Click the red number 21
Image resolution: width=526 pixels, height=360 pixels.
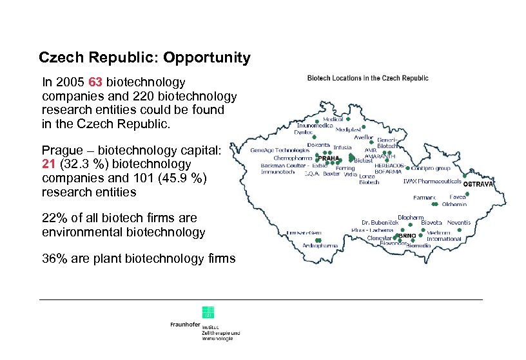pyautogui.click(x=50, y=164)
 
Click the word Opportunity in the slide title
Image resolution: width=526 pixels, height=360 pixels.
pyautogui.click(x=207, y=58)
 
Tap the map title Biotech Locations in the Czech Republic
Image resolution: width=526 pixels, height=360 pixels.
pyautogui.click(x=367, y=78)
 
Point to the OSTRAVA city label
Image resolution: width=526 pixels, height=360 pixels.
pyautogui.click(x=478, y=185)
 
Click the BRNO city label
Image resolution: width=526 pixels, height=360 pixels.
pyautogui.click(x=407, y=236)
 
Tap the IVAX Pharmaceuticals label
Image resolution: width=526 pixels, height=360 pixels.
pyautogui.click(x=432, y=181)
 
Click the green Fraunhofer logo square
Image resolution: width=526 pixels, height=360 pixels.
pyautogui.click(x=208, y=312)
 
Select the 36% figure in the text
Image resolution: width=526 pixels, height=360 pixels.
pyautogui.click(x=54, y=259)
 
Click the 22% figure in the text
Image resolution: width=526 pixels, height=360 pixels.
pyautogui.click(x=54, y=218)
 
